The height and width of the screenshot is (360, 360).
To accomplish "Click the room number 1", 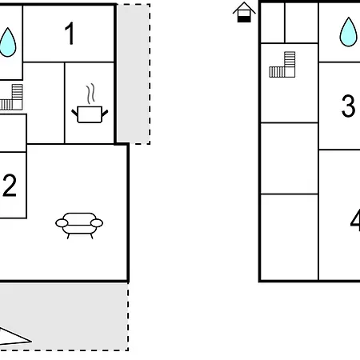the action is (x=70, y=34).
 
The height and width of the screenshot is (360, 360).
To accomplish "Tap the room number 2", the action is (x=10, y=186).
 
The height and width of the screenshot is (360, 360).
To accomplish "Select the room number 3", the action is (x=348, y=106).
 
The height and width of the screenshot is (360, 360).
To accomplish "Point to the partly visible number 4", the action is (x=355, y=221).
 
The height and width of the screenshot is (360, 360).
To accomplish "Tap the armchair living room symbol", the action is (x=79, y=226).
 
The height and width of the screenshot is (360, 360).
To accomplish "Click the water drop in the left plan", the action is (x=8, y=42).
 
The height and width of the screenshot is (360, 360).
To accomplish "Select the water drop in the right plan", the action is (x=348, y=32).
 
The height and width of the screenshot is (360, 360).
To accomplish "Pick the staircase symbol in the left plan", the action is (x=11, y=97).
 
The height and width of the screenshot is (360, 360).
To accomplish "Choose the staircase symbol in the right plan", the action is (x=282, y=65).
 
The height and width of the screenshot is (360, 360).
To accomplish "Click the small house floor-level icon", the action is (x=244, y=12).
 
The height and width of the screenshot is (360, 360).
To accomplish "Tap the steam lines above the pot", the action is (x=90, y=94).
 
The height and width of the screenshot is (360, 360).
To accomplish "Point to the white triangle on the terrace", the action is (x=14, y=337).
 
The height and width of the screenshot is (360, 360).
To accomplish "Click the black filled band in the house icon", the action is (x=244, y=19).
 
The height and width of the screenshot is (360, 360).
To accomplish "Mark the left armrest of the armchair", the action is (x=62, y=223).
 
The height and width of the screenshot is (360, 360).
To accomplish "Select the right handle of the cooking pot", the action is (x=105, y=113).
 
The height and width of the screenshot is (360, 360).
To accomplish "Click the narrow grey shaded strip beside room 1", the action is (x=134, y=74).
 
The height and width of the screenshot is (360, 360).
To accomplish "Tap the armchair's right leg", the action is (x=92, y=236).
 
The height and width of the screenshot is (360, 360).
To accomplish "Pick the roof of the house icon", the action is (x=244, y=7).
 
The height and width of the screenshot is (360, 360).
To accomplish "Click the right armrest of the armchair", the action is (x=97, y=223).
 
